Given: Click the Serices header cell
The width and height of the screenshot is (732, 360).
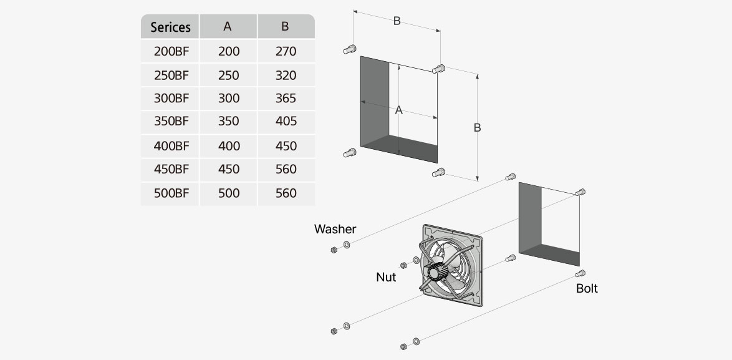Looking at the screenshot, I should coord(170,27).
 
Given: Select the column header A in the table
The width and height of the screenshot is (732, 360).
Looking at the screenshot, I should coord(228,26).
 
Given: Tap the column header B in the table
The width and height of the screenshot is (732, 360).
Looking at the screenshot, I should coord(285,26).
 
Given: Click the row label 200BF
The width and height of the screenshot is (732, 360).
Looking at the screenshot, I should coord(171,51).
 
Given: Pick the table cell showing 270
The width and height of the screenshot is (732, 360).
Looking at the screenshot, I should coord(286,51).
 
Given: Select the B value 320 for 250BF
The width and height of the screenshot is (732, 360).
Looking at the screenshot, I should coord(286,75).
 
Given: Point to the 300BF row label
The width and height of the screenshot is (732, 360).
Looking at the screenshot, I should coord(171,98).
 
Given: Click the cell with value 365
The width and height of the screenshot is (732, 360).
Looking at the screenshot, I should coord(286,98).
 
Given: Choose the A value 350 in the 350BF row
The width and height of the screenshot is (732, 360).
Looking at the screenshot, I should coord(228,121).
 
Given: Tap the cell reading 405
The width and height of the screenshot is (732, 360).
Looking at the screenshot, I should coord(286,121).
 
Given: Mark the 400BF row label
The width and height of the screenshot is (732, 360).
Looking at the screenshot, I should coord(171,146).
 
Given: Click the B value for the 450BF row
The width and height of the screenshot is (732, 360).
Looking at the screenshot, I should coord(286,169).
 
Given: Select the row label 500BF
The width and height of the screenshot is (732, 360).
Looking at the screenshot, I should coord(171,193).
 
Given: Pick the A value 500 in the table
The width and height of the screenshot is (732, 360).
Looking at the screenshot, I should coord(228,193).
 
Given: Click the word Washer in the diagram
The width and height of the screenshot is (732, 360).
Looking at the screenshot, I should coord(335,229).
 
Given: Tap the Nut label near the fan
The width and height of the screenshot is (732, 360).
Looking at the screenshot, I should coord(386,277).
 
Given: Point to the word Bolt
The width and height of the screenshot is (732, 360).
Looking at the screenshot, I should coord(587,288).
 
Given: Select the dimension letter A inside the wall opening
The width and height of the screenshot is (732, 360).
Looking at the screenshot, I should coord(399,110).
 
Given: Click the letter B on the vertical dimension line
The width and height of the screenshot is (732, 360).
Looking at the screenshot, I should coord(477,127).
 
